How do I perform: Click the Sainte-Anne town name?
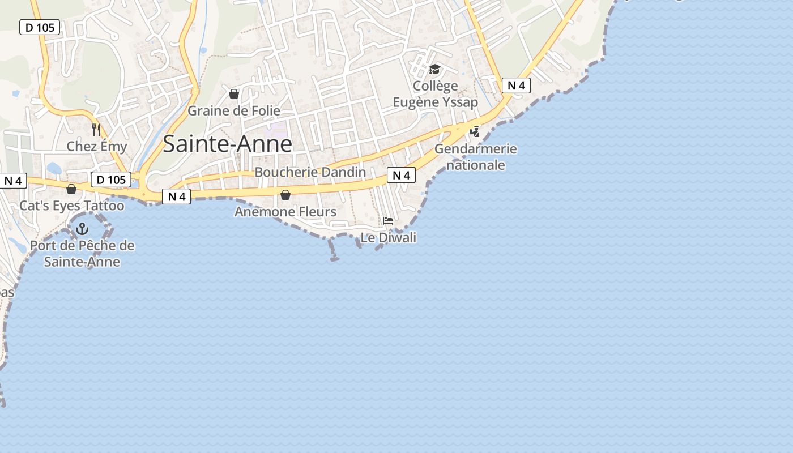pyautogui.click(x=227, y=144)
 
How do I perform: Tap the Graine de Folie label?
pyautogui.click(x=234, y=110)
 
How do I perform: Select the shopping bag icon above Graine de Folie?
pyautogui.click(x=234, y=94)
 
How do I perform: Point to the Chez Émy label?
pyautogui.click(x=97, y=147)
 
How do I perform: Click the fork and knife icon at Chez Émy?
pyautogui.click(x=96, y=130)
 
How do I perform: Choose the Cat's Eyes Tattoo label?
pyautogui.click(x=72, y=206)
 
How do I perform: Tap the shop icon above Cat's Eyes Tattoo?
pyautogui.click(x=71, y=189)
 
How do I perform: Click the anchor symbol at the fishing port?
pyautogui.click(x=83, y=229)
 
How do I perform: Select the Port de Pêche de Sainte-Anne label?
pyautogui.click(x=82, y=254)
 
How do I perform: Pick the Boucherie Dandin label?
pyautogui.click(x=310, y=172)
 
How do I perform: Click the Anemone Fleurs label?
pyautogui.click(x=285, y=212)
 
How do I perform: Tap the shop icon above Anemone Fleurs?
pyautogui.click(x=285, y=195)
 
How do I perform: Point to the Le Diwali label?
pyautogui.click(x=389, y=238)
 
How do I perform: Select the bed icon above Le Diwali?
pyautogui.click(x=388, y=221)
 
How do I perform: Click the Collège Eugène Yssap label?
pyautogui.click(x=435, y=94)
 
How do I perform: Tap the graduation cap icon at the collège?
pyautogui.click(x=434, y=69)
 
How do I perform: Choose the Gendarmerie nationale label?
pyautogui.click(x=476, y=157)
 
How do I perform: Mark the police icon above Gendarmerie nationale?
pyautogui.click(x=475, y=132)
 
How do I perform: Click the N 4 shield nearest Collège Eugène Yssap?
pyautogui.click(x=516, y=86)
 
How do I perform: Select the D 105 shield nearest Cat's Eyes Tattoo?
pyautogui.click(x=111, y=180)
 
